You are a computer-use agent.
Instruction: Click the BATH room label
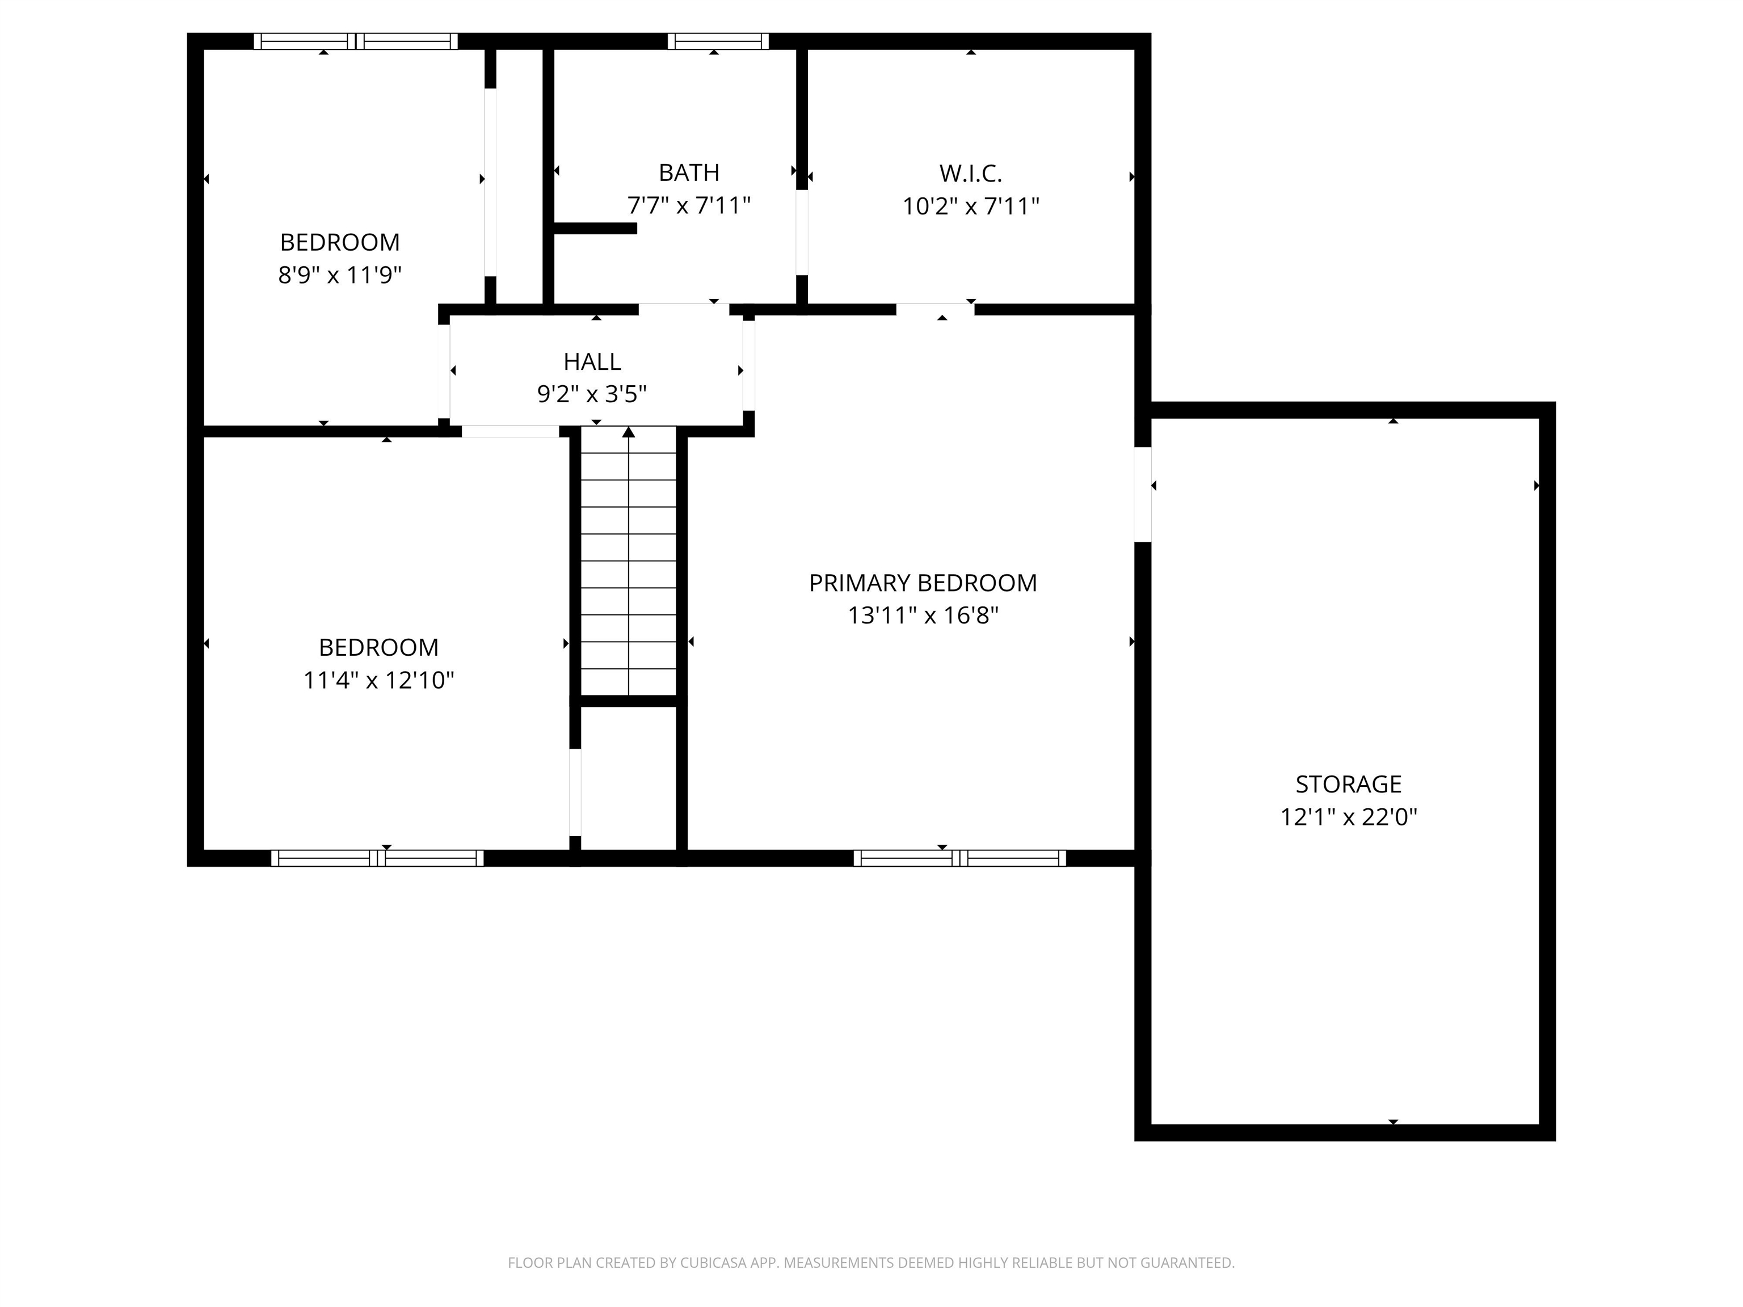pos(689,172)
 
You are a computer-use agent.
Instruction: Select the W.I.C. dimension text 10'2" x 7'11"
pos(970,206)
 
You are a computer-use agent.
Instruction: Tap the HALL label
pos(592,361)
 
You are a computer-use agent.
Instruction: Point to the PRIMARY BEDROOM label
pos(923,583)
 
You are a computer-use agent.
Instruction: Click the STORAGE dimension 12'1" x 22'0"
pos(1348,817)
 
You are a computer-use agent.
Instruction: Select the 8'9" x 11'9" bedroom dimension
pos(340,275)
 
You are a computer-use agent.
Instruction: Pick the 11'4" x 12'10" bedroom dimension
pos(378,680)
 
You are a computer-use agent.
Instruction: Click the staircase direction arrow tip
pos(628,431)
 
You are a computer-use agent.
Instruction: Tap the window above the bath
pos(718,41)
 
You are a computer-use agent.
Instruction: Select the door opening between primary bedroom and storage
pos(1143,494)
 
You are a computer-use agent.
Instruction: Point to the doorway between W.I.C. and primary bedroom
pos(934,309)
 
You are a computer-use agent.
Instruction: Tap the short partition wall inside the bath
pos(595,229)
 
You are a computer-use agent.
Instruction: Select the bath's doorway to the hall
pos(683,309)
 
